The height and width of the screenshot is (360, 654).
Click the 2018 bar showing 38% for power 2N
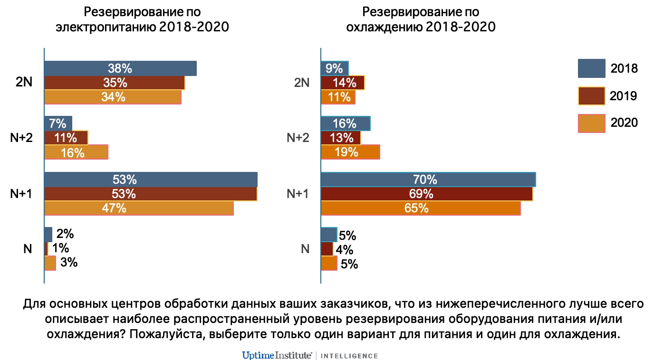120,68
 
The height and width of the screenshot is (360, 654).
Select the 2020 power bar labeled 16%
76,152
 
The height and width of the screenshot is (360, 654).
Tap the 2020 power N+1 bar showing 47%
139,208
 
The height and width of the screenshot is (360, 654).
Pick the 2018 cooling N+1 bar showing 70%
428,180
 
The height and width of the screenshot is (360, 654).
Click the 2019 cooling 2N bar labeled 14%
343,83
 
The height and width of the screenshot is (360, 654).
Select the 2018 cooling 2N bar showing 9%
335,68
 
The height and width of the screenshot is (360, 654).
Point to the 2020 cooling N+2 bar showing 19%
350,152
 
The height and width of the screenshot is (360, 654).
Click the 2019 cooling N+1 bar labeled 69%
426,194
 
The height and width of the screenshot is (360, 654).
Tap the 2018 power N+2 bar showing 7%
58,123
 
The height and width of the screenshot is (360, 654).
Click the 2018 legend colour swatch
591,68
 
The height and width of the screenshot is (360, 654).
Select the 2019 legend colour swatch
591,96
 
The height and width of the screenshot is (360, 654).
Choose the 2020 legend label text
624,123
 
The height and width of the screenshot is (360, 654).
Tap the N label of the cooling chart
305,249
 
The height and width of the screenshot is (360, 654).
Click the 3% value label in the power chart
69,263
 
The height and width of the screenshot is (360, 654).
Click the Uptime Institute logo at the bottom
277,355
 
